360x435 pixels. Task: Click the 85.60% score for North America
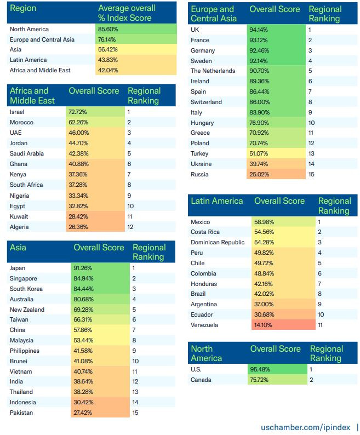[x=110, y=29]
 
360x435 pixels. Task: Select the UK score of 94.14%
[x=260, y=30]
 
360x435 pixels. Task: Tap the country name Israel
[x=17, y=112]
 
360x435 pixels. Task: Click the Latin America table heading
[x=217, y=201]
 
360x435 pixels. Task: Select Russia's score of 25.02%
[x=260, y=174]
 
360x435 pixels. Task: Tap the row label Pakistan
[x=21, y=412]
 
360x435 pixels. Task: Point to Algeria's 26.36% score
[x=79, y=227]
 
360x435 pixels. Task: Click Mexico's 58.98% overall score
[x=264, y=222]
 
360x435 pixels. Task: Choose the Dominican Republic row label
[x=218, y=242]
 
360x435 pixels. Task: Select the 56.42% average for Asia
[x=110, y=50]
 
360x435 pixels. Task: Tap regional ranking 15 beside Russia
[x=311, y=174]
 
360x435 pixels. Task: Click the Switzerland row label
[x=206, y=102]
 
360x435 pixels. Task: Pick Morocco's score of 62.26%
[x=79, y=122]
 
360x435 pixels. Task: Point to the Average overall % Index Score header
[x=126, y=13]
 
